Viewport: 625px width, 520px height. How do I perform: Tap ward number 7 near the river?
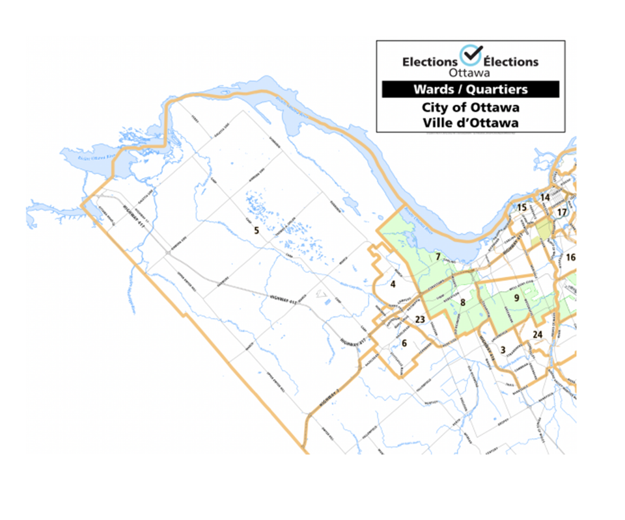click(438, 256)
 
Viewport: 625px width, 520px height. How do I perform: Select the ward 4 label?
click(393, 284)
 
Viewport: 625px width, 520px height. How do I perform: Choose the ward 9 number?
click(516, 298)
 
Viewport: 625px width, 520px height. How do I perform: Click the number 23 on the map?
click(420, 319)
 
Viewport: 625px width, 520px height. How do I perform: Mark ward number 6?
click(404, 343)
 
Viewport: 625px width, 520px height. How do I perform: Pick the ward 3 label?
click(503, 350)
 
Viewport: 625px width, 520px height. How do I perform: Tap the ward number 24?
click(537, 335)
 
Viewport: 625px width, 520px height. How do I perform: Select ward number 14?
click(545, 197)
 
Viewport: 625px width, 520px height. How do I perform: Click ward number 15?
click(521, 207)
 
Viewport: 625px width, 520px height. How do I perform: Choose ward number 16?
click(571, 257)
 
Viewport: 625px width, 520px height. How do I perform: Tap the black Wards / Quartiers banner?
click(470, 89)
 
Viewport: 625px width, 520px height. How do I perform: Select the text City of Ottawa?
click(470, 107)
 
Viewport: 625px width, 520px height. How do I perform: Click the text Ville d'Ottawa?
click(470, 122)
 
